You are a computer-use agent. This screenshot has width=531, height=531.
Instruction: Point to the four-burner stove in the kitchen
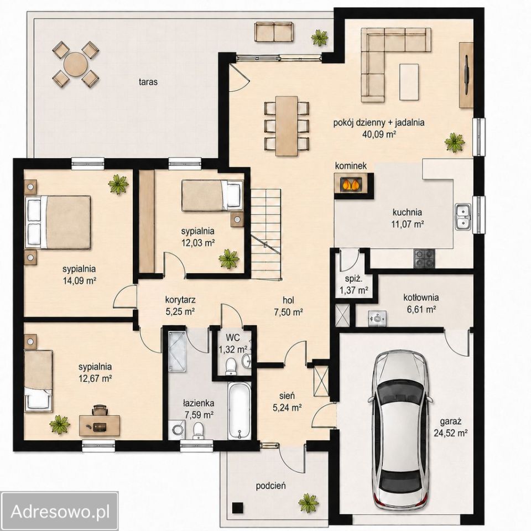tap(424, 258)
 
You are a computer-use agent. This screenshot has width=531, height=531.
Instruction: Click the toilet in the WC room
tap(231, 366)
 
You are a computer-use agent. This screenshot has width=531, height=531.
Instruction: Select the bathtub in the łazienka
tap(240, 410)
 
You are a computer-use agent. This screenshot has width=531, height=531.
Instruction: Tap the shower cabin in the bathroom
tap(177, 352)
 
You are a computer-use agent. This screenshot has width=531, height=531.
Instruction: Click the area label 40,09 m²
tap(379, 134)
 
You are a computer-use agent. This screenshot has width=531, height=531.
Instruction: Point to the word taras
tap(148, 82)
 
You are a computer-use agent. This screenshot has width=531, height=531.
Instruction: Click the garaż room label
tap(451, 421)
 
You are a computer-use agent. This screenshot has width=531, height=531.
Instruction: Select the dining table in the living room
tap(287, 126)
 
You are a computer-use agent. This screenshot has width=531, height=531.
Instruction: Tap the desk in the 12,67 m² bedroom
tap(100, 425)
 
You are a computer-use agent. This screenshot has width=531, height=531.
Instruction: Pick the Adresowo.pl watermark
tap(60, 512)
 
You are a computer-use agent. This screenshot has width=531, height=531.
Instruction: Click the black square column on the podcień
tap(238, 507)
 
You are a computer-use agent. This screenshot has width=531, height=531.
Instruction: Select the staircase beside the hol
tap(266, 233)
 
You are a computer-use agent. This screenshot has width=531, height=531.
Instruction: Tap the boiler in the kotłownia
tap(377, 318)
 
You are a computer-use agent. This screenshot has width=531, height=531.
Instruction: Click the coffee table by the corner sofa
tap(409, 82)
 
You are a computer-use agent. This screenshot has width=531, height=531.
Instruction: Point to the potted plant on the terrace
tap(320, 37)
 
